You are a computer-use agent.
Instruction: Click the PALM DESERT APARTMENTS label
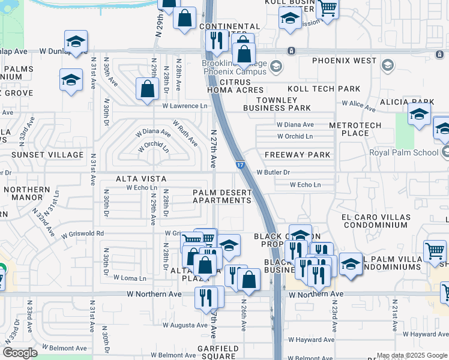[x=222, y=196]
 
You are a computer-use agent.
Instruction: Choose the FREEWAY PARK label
[x=298, y=155]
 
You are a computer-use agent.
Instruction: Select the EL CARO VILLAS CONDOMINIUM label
[x=376, y=221]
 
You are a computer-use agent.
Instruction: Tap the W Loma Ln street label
[x=131, y=278]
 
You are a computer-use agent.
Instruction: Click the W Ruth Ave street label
[x=185, y=133]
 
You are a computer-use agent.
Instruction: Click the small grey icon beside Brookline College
[x=276, y=65]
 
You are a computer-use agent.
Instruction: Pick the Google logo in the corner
[x=20, y=353]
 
